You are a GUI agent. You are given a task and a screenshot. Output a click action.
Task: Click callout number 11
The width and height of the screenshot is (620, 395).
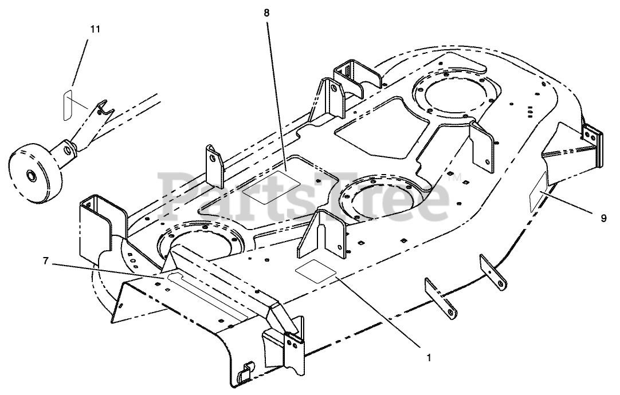[95, 29]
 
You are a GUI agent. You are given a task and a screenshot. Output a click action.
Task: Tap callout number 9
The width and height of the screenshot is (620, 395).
[603, 218]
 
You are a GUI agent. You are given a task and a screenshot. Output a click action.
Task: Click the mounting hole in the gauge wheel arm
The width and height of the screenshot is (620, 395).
[68, 150]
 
